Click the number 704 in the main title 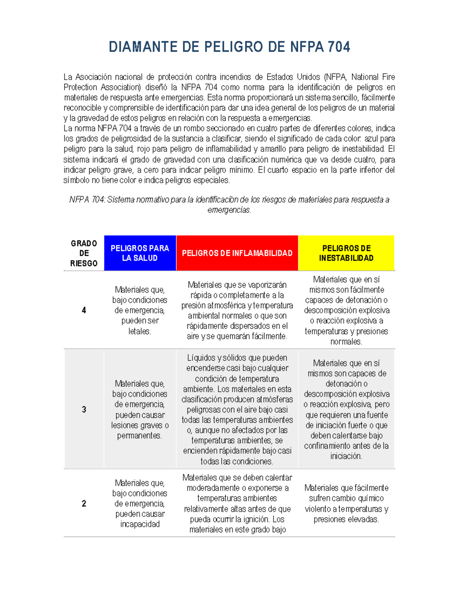click(339, 47)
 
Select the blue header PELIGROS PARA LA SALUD click(140, 253)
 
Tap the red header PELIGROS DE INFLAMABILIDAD click(237, 253)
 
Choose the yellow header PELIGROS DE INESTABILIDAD click(346, 253)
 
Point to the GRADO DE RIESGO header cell click(84, 253)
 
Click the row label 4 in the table click(84, 310)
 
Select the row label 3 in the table click(84, 410)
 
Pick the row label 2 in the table click(84, 503)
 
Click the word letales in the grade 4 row click(139, 331)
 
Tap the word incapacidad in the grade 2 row click(140, 524)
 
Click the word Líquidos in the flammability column click(201, 358)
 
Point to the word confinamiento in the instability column click(327, 446)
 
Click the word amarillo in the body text click(273, 149)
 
